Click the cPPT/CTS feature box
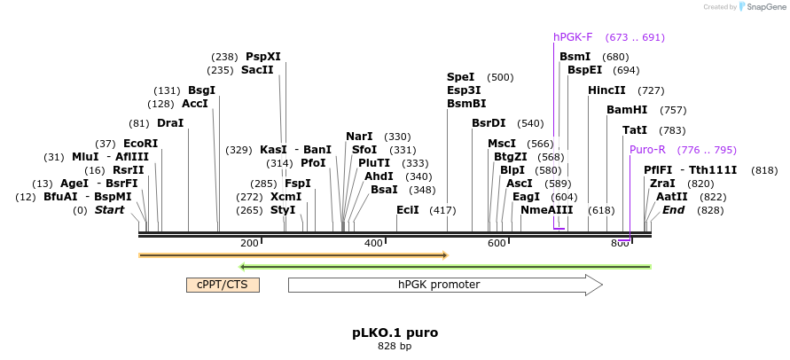point(223,285)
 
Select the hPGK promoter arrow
point(445,285)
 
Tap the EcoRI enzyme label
point(141,144)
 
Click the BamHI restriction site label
point(627,110)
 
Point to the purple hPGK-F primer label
point(573,37)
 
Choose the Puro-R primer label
point(647,150)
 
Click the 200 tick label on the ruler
point(249,244)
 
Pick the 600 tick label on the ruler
point(497,244)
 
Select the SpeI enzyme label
point(460,77)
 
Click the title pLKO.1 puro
point(395,333)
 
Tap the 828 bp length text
point(395,347)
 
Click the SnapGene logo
point(763,6)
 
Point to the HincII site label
point(606,90)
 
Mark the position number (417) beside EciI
point(442,210)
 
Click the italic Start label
point(109,210)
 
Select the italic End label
point(673,210)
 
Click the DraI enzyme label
point(170,123)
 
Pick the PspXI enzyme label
point(263,56)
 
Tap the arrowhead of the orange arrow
point(445,255)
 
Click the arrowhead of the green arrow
point(242,267)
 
